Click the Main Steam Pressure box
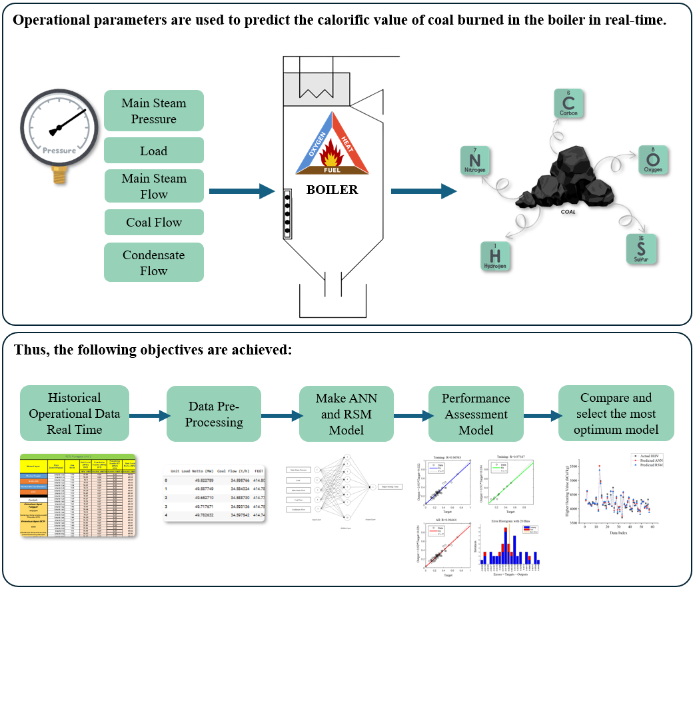[x=154, y=111]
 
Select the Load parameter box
[x=154, y=151]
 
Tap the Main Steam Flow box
[x=154, y=186]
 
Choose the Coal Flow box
[x=154, y=223]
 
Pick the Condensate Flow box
[x=154, y=263]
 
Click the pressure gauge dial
[x=59, y=127]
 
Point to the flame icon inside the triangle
[x=331, y=158]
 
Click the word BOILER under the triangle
[x=332, y=190]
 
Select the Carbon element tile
[x=568, y=104]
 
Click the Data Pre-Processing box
[x=213, y=414]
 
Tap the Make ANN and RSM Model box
[x=346, y=414]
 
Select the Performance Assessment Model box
[x=475, y=414]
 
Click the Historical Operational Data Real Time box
[x=74, y=413]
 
